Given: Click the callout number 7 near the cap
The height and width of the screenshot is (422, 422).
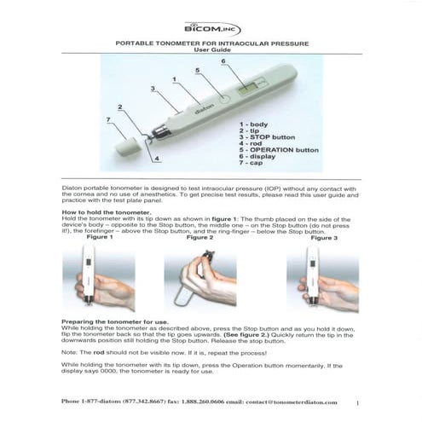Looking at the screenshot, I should [x=108, y=121].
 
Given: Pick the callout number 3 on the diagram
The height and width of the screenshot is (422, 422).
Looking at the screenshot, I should [x=152, y=88].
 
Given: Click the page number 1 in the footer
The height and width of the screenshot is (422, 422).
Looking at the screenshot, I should [x=358, y=401].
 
